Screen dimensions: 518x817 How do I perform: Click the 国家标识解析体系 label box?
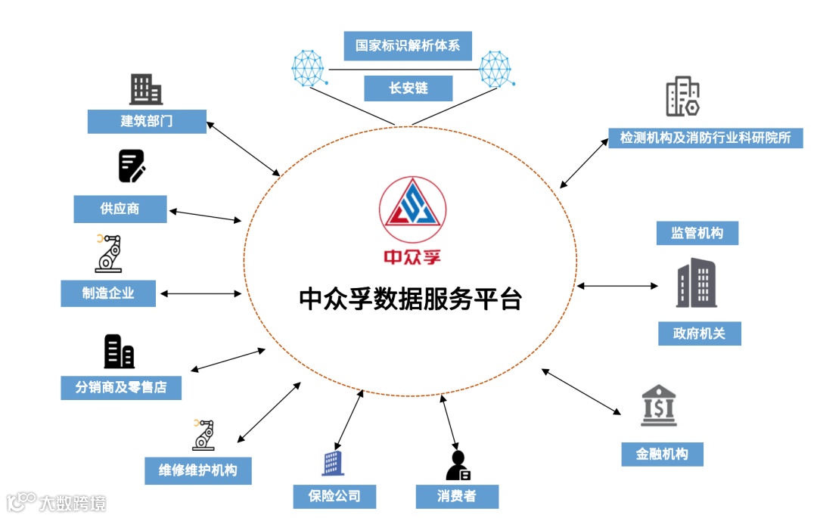point(408,45)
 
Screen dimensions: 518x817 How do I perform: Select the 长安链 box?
point(408,88)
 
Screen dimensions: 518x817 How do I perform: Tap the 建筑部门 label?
point(147,121)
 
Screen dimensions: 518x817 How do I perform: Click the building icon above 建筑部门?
point(146,89)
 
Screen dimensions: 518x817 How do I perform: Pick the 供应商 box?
point(120,209)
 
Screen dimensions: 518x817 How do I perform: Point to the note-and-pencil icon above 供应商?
point(132,166)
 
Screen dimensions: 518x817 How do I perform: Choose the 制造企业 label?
point(108,293)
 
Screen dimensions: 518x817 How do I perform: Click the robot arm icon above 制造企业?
point(108,253)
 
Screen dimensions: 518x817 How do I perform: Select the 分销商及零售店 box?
point(121,387)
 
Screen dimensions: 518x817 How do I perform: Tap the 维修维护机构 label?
point(197,470)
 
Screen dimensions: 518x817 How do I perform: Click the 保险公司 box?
point(334,496)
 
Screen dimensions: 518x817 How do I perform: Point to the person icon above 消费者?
point(458,465)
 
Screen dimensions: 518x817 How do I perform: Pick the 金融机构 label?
point(662,454)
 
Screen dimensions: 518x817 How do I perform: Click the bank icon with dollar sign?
point(658,405)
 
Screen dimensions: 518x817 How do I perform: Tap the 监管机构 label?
point(697,233)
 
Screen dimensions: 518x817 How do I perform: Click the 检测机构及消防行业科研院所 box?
point(705,138)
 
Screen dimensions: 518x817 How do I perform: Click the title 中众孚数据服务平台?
point(411,299)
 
